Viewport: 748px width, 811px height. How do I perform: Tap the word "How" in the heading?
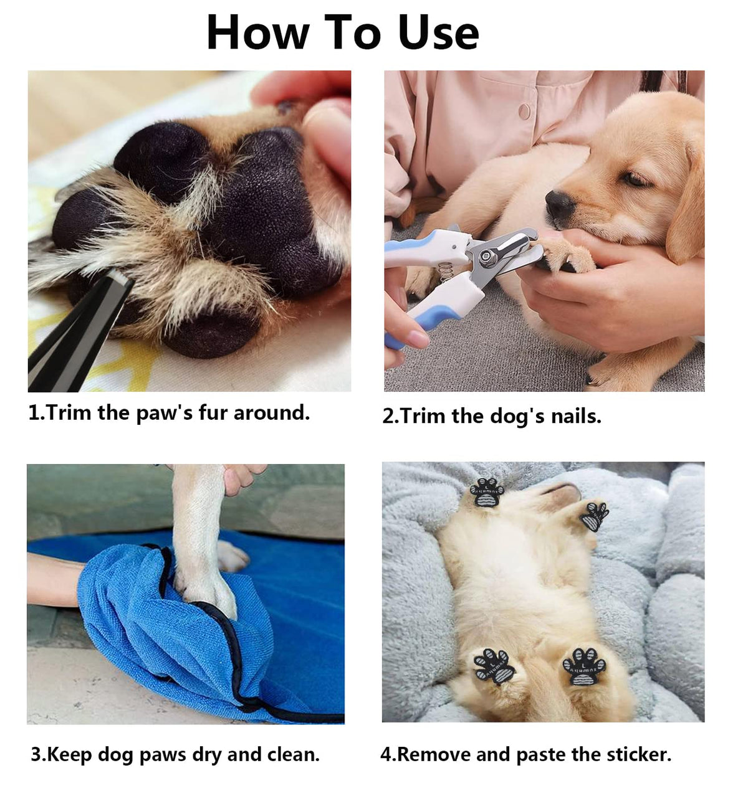pyautogui.click(x=258, y=32)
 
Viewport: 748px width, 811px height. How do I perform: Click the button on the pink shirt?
pyautogui.click(x=525, y=111)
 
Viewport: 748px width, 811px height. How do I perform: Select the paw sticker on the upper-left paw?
pyautogui.click(x=487, y=491)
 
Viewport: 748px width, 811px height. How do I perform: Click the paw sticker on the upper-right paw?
pyautogui.click(x=594, y=516)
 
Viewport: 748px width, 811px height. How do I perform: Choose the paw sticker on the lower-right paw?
pyautogui.click(x=584, y=666)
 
